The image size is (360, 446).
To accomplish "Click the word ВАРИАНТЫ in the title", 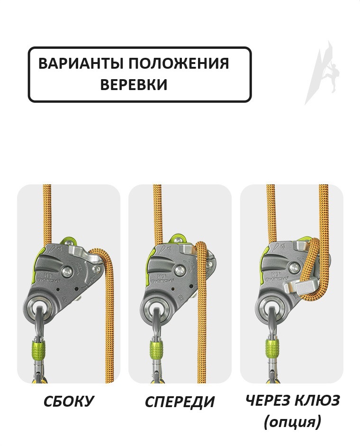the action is click(x=81, y=64).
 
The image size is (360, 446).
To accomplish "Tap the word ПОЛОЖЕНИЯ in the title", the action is click(x=178, y=64).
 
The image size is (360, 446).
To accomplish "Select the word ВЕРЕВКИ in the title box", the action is click(x=134, y=84).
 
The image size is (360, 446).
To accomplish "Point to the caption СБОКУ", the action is click(x=69, y=401).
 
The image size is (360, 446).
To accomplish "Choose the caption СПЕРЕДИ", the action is click(x=180, y=401).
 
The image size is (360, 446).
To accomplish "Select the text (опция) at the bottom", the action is click(x=292, y=422).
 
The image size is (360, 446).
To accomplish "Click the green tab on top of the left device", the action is click(x=70, y=243).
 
